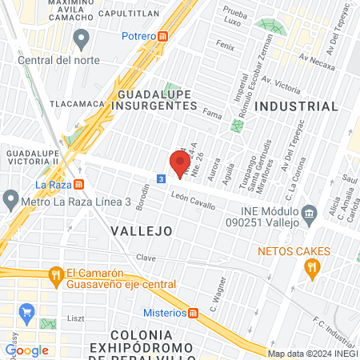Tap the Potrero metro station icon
pyautogui.click(x=163, y=36)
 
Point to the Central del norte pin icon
pyautogui.click(x=80, y=38)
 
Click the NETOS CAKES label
pyautogui.click(x=294, y=251)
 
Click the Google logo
pyautogui.click(x=26, y=350)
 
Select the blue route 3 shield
pyautogui.click(x=162, y=178)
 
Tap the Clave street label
pyautogui.click(x=146, y=258)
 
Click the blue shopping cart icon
pyautogui.click(x=27, y=311)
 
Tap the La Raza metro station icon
pyautogui.click(x=79, y=183)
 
